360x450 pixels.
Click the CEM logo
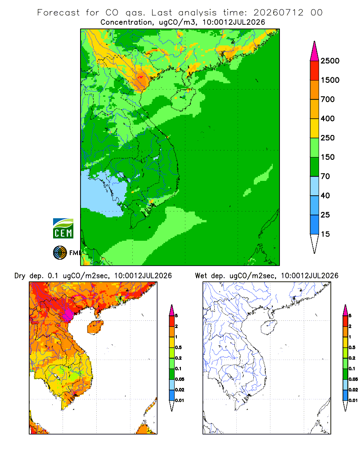(x=63, y=229)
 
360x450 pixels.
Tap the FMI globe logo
(x=60, y=253)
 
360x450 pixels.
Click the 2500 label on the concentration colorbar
(x=330, y=61)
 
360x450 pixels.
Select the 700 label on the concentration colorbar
(x=328, y=99)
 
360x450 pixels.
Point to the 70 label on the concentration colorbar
(x=325, y=176)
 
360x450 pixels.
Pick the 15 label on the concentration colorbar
(x=325, y=234)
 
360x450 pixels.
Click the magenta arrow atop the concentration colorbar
(x=315, y=51)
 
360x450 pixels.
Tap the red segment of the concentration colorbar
(x=315, y=71)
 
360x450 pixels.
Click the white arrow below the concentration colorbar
(x=315, y=244)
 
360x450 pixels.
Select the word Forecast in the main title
(x=58, y=13)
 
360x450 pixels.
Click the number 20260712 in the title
(x=278, y=13)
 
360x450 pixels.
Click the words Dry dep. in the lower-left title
(x=28, y=276)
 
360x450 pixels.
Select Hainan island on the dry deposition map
(x=95, y=327)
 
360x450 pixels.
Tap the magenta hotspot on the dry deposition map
(x=68, y=314)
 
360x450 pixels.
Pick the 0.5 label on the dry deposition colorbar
(x=178, y=347)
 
